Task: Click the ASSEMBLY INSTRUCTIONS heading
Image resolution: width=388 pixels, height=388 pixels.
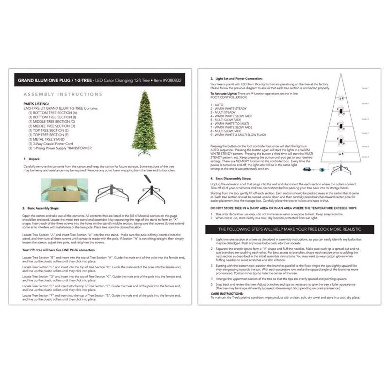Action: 63,94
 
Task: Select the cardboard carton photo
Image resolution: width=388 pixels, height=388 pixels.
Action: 64,190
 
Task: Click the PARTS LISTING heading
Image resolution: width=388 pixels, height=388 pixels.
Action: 36,104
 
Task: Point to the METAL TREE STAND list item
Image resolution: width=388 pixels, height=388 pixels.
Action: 47,139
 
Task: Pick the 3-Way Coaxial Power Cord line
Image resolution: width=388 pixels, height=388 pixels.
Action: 51,144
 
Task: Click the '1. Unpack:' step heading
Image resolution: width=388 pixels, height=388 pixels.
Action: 32,159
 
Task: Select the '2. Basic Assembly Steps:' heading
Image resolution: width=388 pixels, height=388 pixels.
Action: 41,208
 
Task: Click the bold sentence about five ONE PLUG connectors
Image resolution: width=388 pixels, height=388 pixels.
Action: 59,250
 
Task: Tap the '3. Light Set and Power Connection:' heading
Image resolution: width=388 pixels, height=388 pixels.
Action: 236,79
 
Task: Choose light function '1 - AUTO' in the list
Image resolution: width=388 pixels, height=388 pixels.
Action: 217,105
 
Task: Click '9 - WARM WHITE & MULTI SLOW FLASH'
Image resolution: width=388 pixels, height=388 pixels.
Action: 238,135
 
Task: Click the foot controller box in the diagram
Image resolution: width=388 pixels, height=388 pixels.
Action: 308,170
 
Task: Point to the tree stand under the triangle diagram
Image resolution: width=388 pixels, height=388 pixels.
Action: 341,169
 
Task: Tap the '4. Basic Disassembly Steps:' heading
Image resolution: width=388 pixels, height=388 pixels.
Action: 230,178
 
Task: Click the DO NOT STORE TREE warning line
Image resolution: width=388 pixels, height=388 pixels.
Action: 283,208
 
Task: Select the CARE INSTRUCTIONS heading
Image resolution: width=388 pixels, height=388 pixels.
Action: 227,294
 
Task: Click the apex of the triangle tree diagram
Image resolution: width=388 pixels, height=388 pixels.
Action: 341,74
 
